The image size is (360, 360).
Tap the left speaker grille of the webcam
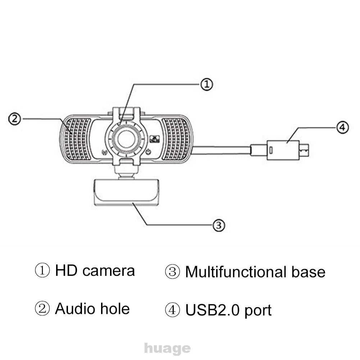pyautogui.click(x=77, y=138)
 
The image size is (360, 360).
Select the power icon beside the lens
pyautogui.click(x=148, y=152)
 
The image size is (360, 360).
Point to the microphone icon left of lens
pyautogui.click(x=104, y=152)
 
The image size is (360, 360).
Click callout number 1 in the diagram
pyautogui.click(x=206, y=85)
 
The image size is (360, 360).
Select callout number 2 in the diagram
pyautogui.click(x=14, y=119)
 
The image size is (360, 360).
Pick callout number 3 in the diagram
pyautogui.click(x=219, y=225)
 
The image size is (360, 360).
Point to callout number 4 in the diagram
pyautogui.click(x=342, y=127)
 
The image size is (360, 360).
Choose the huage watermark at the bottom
pyautogui.click(x=167, y=348)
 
